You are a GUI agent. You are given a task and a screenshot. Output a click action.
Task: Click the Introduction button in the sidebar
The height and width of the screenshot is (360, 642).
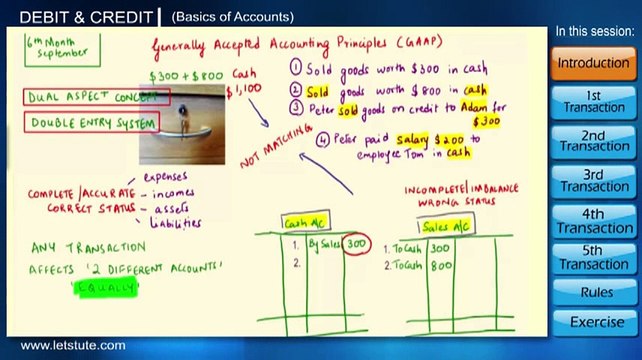593,62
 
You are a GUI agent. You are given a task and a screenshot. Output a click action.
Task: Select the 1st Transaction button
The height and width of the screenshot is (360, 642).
593,100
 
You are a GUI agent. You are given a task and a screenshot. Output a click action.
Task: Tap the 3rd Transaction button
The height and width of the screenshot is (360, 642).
593,179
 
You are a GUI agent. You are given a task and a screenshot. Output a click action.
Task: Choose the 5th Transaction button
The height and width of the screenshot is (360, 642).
593,257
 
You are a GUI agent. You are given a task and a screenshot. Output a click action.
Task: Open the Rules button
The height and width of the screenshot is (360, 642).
593,293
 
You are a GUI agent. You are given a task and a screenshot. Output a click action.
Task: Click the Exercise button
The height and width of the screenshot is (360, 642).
593,322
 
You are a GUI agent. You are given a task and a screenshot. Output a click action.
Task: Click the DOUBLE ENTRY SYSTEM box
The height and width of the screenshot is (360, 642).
92,123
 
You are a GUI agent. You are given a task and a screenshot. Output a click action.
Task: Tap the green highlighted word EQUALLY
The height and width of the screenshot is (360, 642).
106,288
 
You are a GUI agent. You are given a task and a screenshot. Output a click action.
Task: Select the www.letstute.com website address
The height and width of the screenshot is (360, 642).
73,346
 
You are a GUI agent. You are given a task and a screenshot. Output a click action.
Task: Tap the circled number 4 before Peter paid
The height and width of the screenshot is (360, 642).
322,140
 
